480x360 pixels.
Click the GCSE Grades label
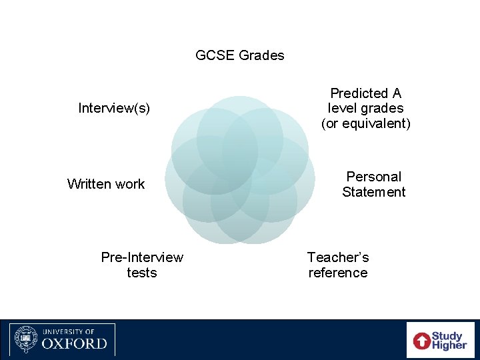240,55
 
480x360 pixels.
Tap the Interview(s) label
114,108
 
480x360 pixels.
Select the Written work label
106,184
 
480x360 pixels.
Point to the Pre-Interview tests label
142,265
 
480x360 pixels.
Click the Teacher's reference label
338,265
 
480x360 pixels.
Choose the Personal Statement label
373,184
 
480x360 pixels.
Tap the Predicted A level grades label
366,108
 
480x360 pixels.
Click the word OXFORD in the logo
74,344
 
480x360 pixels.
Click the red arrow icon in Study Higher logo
422,341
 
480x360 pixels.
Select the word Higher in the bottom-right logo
449,345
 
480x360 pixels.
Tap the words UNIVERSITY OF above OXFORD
69,331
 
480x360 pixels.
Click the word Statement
373,192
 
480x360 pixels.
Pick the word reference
338,273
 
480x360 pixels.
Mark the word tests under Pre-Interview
142,273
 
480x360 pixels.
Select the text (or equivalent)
366,123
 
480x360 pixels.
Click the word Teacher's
338,257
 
